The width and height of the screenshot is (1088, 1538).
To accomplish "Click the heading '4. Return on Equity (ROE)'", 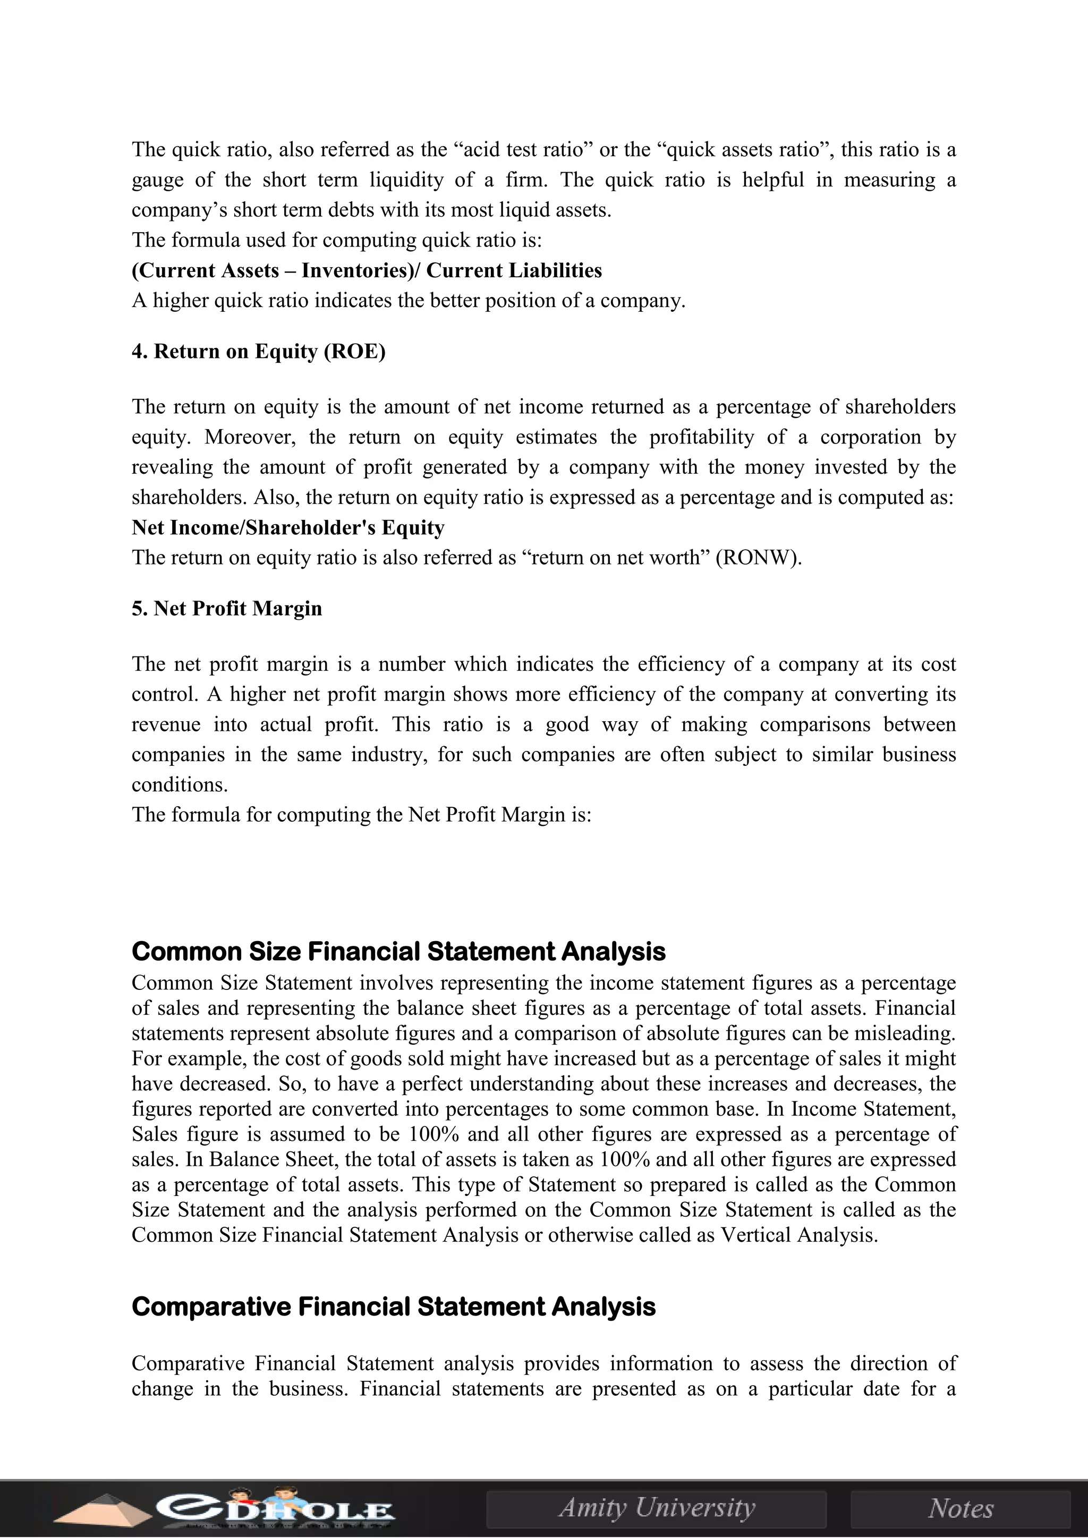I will coord(259,352).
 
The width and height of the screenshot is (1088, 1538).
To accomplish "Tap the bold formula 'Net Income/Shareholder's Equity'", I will coord(288,528).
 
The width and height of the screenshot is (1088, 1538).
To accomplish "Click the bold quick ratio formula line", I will coord(367,271).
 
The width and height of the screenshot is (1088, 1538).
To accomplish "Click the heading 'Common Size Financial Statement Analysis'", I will coord(398,952).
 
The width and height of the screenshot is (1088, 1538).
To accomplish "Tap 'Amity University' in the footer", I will coord(657,1508).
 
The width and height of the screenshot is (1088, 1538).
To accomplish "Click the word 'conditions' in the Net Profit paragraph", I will coord(179,785).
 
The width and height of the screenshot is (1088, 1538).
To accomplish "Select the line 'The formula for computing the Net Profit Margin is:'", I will coord(362,815).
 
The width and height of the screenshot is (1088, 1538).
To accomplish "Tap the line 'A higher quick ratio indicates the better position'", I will coord(409,301).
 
